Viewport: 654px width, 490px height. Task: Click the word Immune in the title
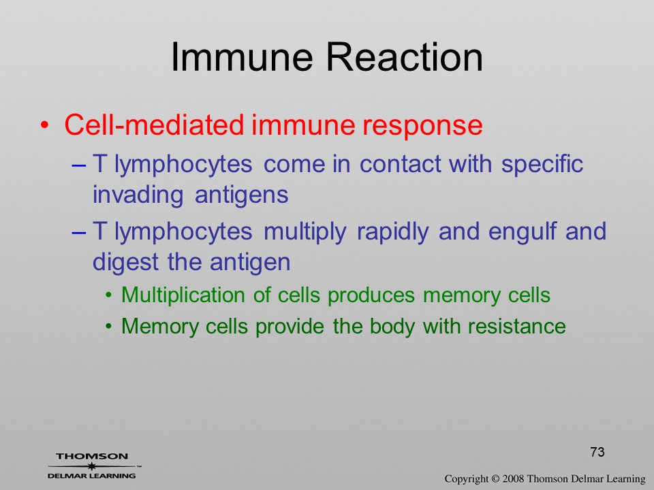241,56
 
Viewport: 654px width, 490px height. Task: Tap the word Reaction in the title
404,56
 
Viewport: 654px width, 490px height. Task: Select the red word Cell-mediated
154,124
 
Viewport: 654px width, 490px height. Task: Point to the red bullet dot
44,125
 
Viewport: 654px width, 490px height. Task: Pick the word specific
542,164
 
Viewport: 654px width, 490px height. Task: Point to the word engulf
523,231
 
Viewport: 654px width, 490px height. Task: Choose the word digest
125,263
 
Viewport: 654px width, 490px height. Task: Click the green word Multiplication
183,295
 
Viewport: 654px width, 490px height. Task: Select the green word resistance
516,326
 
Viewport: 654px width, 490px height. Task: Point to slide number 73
597,452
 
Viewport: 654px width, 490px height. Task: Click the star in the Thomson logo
92,466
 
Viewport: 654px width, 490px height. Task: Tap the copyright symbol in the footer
495,478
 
